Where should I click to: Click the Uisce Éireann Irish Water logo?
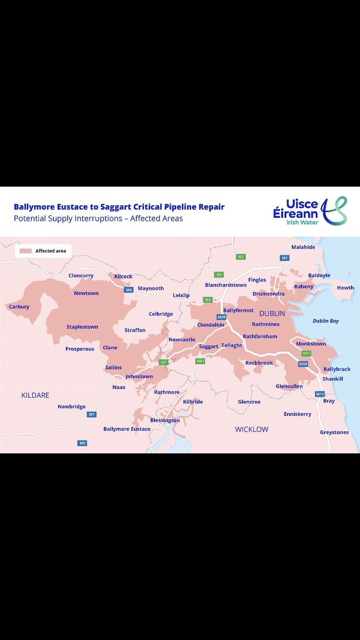coord(310,211)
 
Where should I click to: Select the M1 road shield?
coord(284,258)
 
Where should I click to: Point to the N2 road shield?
coord(241,257)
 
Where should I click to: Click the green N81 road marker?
coord(200,361)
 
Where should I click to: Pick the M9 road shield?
coord(82,443)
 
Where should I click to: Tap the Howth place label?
coord(345,288)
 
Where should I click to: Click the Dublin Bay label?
coord(325,321)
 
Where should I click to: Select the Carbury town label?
coord(19,307)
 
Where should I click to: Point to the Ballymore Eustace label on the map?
coord(127,429)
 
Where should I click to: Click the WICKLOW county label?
coord(252,429)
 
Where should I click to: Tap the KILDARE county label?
coord(35,395)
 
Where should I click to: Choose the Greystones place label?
coord(334,432)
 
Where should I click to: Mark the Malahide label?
coord(303,247)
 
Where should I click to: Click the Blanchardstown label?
coord(226,285)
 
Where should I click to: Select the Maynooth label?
coord(150,289)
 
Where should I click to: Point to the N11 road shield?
coord(306,353)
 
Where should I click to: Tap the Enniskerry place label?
coord(297,414)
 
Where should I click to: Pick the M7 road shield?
coord(92,414)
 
